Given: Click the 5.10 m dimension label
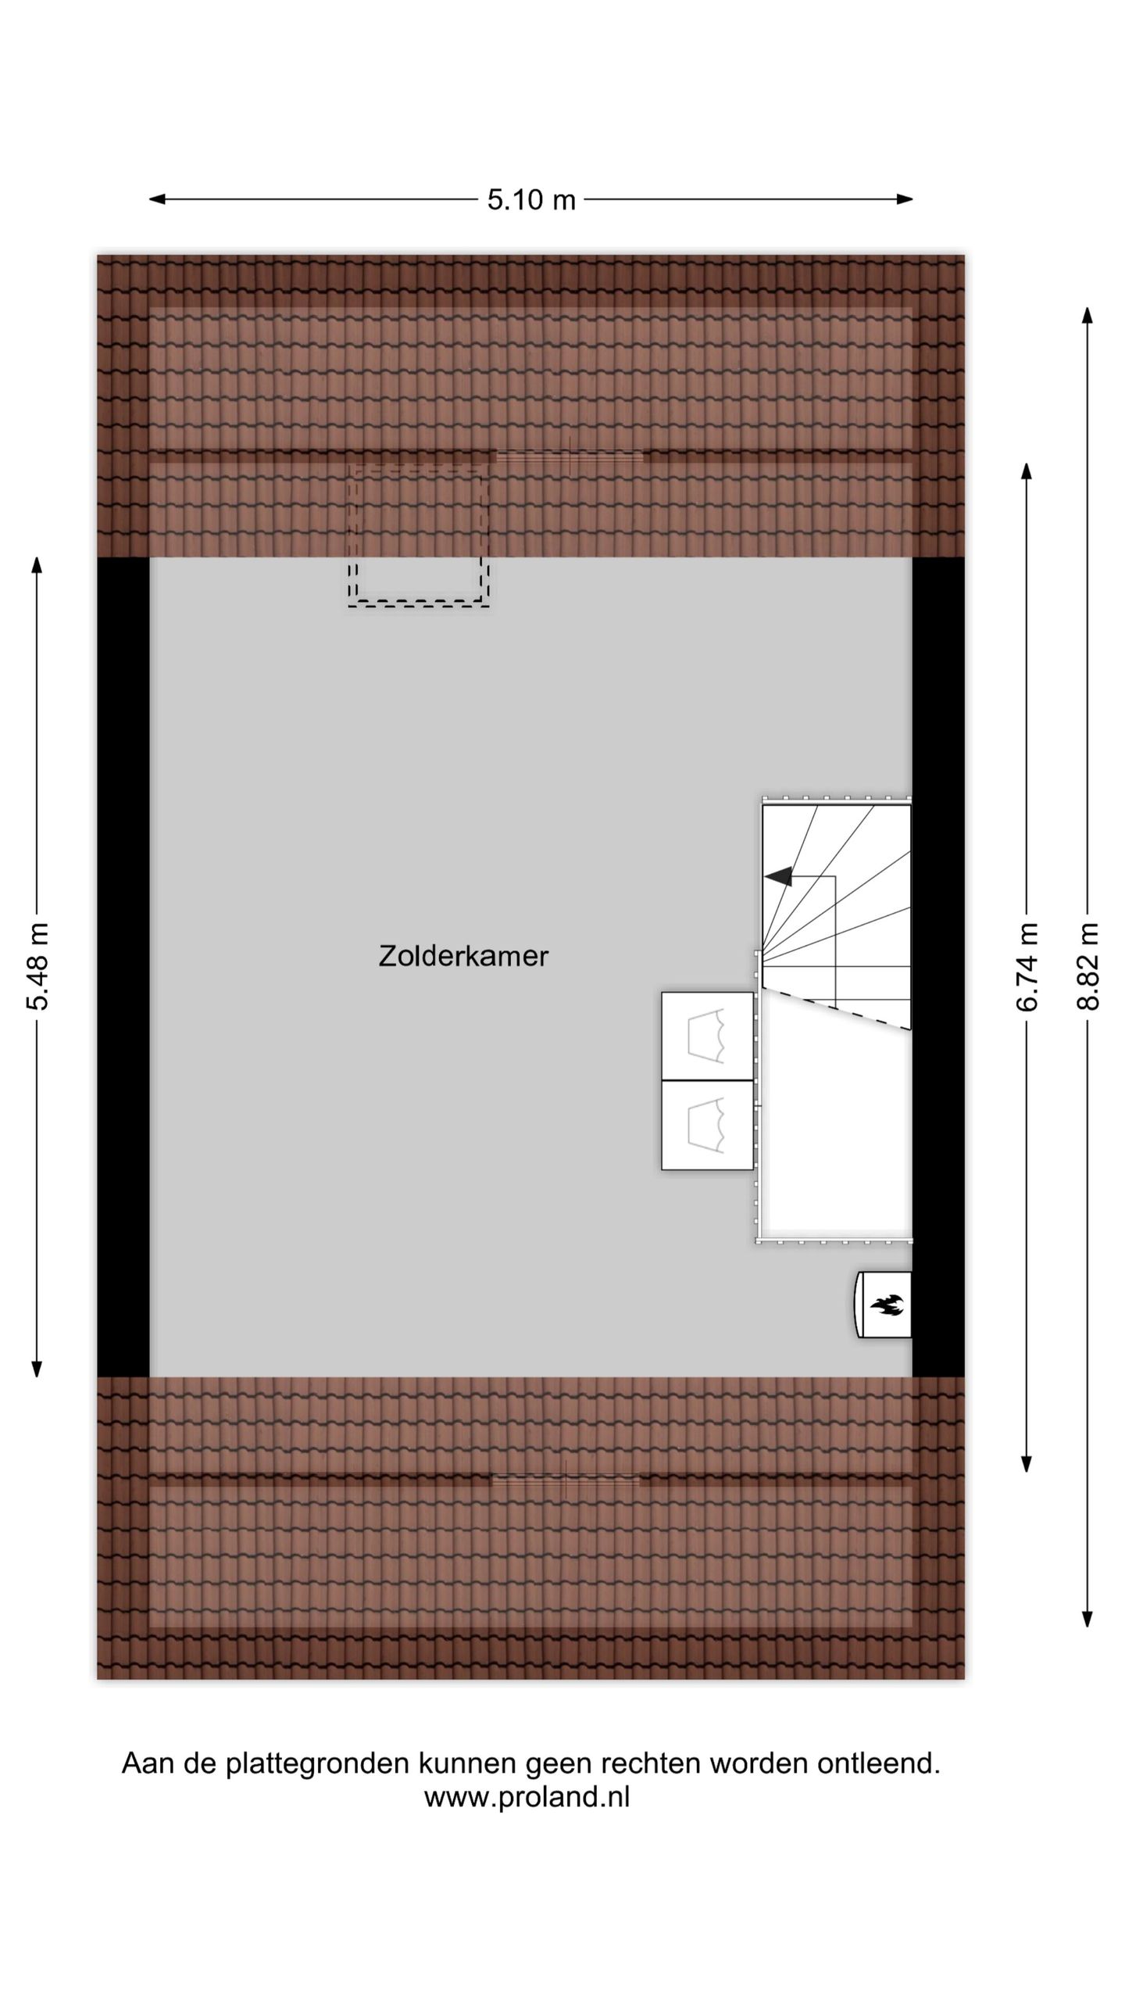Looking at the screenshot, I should coord(531,200).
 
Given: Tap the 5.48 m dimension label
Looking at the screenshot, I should coord(37,966).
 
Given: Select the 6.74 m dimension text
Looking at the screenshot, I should coord(1027,967).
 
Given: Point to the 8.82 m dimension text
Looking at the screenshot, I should coord(1087,967).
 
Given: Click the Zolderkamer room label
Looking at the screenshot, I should coord(463,956).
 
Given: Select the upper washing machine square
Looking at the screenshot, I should coord(707,1036).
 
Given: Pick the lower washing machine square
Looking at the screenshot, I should coord(707,1125).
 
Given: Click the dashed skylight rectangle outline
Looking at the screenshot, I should coord(419,603).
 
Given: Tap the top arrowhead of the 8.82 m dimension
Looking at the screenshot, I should coord(1087,315).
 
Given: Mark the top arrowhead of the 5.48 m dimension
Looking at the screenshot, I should coord(37,564).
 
